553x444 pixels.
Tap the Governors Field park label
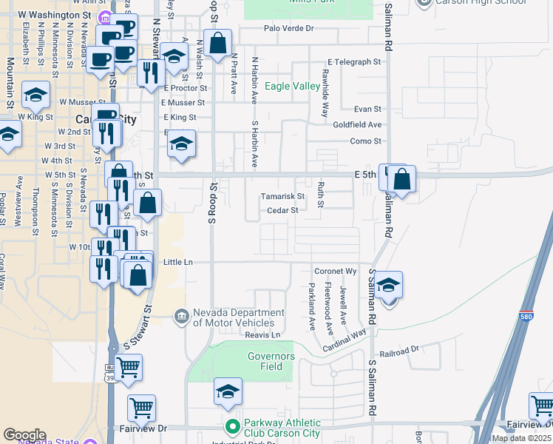[x=271, y=361]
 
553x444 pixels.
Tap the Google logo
[x=24, y=434]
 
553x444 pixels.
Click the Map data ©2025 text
[x=521, y=438]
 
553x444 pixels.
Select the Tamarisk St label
[x=282, y=196]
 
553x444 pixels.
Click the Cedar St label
[x=283, y=210]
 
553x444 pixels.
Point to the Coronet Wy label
[x=335, y=272]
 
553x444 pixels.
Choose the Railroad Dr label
[x=400, y=348]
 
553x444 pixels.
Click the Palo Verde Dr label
[x=289, y=29]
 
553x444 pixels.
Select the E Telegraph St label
[x=353, y=62]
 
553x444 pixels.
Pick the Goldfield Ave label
[x=357, y=125]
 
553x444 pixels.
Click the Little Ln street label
[x=178, y=262]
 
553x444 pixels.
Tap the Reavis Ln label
[x=264, y=334]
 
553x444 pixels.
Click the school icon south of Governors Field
[x=228, y=390]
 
